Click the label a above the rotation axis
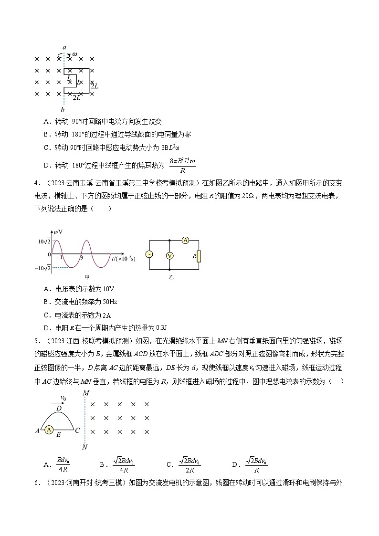64,48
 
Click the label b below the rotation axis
63,110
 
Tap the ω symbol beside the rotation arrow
74,54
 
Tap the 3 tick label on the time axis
82,258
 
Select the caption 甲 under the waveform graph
87,276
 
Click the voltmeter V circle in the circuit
168,256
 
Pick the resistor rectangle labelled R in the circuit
199,256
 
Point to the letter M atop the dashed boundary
86,393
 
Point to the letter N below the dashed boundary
85,447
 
